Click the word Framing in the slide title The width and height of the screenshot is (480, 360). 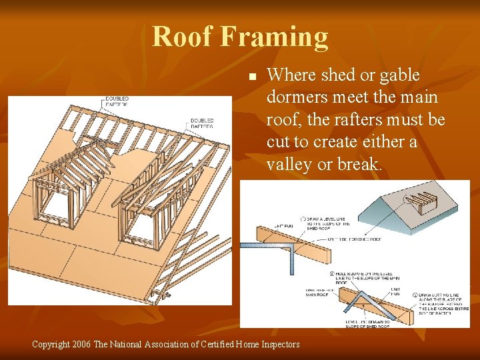pos(275,38)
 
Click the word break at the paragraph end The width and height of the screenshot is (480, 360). pos(361,164)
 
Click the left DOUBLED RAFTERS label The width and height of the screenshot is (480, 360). pos(117,101)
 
